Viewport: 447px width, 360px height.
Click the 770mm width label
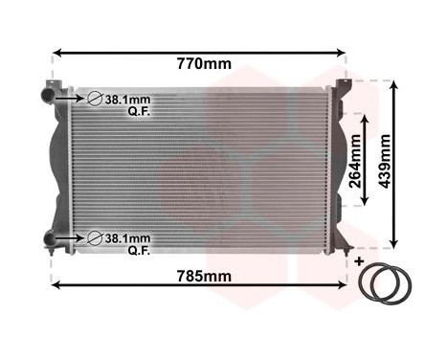pos(205,65)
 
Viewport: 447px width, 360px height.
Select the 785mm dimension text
pos(205,277)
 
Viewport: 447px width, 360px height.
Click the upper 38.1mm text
pos(128,100)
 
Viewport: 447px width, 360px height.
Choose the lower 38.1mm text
pos(128,237)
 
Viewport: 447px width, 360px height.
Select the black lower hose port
pos(49,237)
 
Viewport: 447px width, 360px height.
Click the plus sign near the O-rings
pos(360,260)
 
